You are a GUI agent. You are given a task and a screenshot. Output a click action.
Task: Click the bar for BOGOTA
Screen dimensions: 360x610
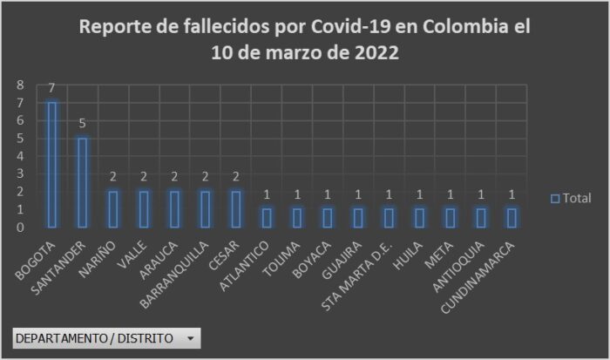tap(52, 165)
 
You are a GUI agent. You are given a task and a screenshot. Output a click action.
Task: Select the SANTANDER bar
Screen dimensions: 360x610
tap(83, 182)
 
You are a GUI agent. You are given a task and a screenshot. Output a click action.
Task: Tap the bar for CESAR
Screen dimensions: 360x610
tap(235, 209)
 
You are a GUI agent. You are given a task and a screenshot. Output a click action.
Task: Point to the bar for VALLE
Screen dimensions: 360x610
tap(144, 209)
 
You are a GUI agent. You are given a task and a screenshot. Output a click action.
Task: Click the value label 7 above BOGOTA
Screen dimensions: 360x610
tap(52, 88)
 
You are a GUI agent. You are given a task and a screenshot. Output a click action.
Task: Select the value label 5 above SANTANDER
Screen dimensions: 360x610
tap(83, 124)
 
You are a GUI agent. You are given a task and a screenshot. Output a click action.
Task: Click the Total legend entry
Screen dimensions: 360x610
tap(571, 198)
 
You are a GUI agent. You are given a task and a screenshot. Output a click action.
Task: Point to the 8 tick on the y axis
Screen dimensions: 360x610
tap(20, 85)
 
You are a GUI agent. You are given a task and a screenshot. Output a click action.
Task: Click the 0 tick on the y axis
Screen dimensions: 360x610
tap(20, 228)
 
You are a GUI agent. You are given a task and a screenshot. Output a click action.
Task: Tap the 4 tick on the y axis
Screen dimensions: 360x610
tap(20, 157)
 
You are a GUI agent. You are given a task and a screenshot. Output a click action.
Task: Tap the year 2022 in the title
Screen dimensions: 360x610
tap(376, 52)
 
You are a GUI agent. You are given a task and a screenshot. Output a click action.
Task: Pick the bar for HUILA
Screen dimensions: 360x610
tap(418, 218)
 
